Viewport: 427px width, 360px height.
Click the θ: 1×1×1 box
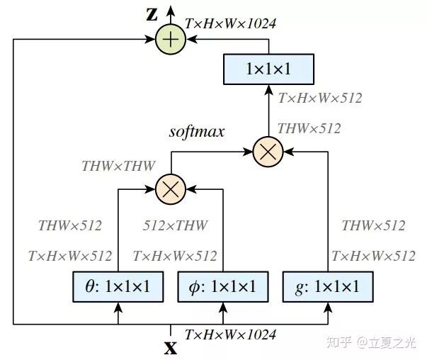(x=118, y=286)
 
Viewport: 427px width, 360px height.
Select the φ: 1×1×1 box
(x=224, y=286)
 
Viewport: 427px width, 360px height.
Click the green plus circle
(x=170, y=40)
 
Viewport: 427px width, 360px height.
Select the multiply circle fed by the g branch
(x=268, y=150)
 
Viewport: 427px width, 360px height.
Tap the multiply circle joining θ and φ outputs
(x=170, y=189)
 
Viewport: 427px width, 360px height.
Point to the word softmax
(x=197, y=132)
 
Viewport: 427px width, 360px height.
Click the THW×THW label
(x=118, y=167)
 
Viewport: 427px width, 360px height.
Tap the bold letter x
(x=170, y=348)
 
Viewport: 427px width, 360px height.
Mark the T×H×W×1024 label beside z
(x=230, y=23)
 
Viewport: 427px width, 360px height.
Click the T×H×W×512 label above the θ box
(x=69, y=256)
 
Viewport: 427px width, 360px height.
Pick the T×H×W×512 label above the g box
(x=373, y=256)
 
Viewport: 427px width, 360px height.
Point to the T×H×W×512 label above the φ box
(x=175, y=256)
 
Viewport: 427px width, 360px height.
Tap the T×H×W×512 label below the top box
(x=321, y=99)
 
